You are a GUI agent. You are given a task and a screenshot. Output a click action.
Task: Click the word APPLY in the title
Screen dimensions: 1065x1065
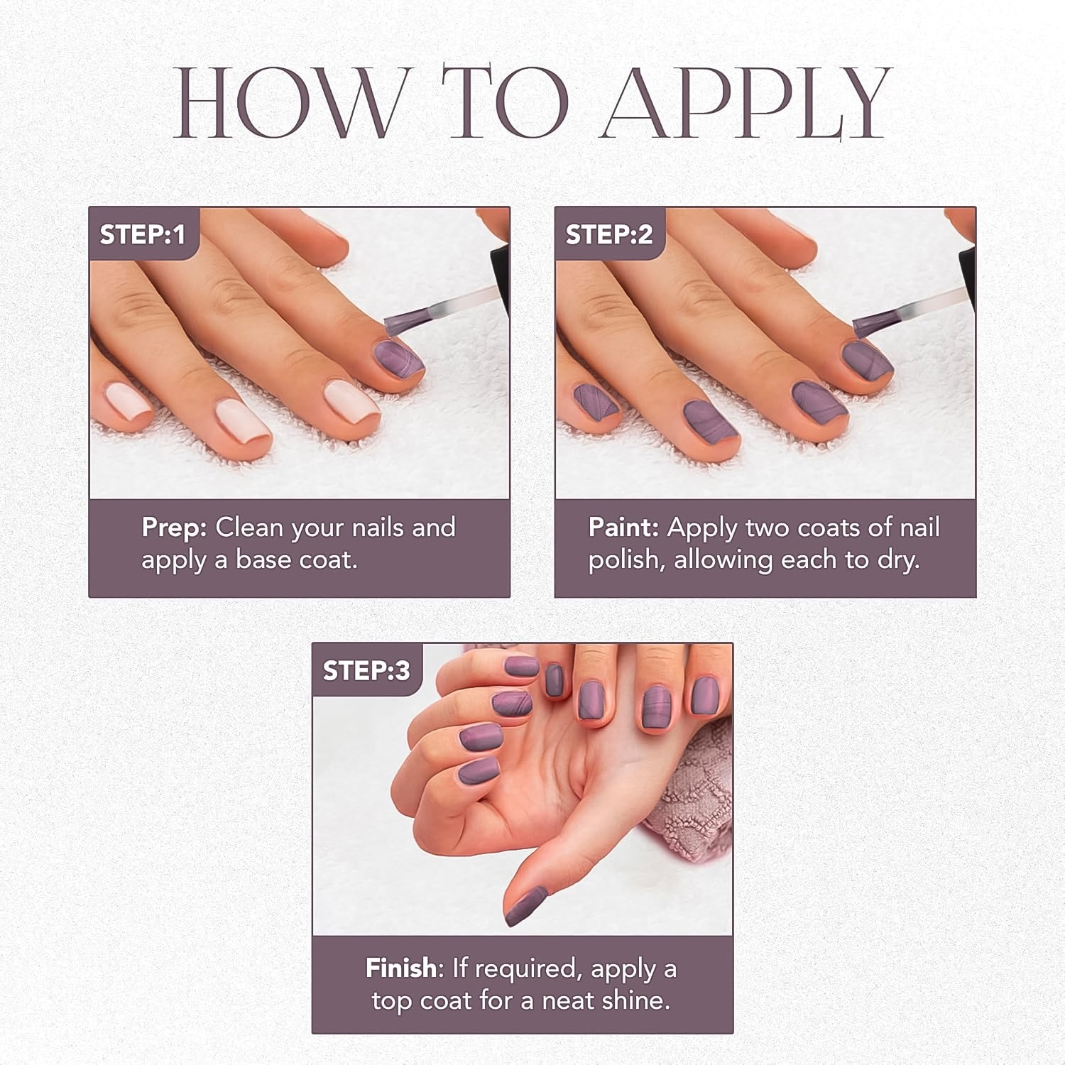745,103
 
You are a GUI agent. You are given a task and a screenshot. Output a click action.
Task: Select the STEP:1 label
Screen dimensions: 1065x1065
142,234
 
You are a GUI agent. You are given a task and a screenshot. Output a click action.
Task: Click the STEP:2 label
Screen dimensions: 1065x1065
608,234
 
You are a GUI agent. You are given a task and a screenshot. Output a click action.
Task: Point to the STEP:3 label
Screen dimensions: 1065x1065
366,670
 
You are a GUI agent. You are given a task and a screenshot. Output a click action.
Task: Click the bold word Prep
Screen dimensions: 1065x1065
173,528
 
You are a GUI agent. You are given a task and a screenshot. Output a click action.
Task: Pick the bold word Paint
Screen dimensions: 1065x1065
623,528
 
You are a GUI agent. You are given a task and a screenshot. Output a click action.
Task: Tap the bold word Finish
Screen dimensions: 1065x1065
400,968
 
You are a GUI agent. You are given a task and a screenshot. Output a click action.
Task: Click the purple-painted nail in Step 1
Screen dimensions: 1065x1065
398,359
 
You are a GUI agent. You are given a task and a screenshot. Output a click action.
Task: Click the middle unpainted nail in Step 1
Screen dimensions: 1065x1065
244,420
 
